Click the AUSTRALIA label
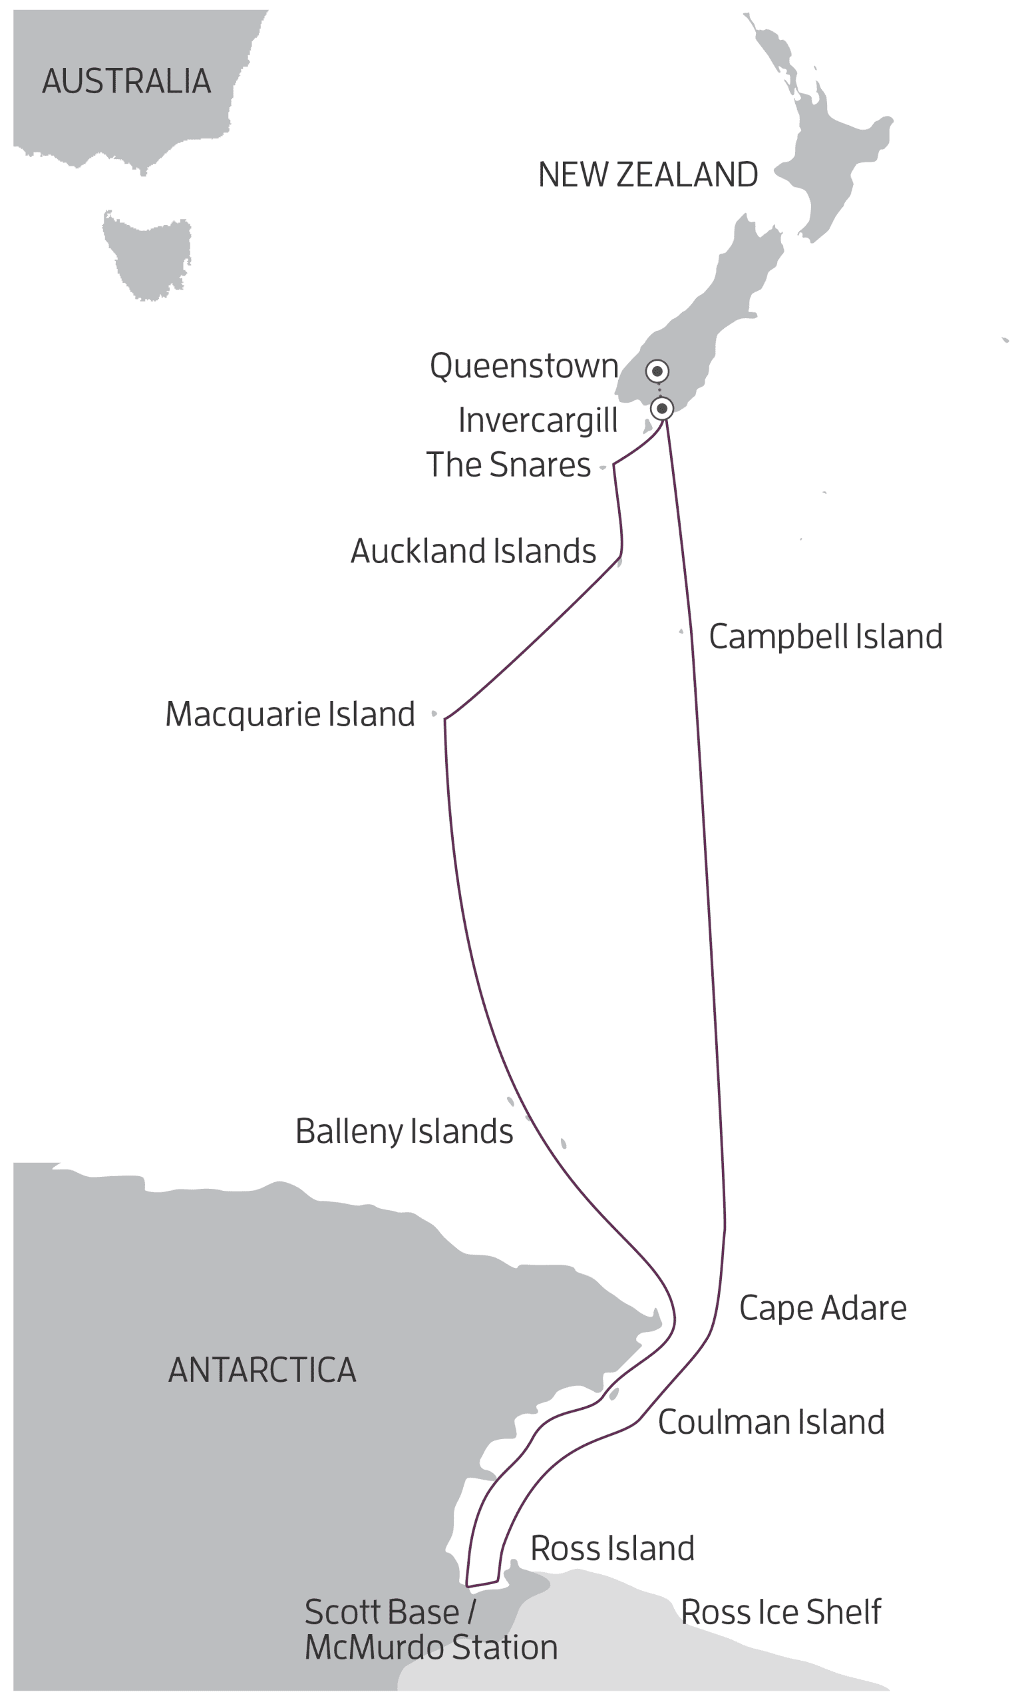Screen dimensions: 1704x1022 pos(126,81)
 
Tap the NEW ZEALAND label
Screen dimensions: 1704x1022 pos(647,175)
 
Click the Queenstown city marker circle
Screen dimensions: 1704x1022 pos(657,371)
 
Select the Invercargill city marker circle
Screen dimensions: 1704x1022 pos(662,409)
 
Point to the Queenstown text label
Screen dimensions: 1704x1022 pos(524,365)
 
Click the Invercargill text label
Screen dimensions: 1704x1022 pos(537,420)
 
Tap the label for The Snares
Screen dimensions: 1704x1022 pos(508,465)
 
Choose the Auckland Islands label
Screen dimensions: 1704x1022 pos(473,551)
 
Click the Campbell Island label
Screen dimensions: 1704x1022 pos(825,636)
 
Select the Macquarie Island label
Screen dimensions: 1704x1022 pos(290,714)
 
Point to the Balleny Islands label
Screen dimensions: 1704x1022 pos(405,1131)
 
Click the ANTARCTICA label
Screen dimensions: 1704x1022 pos(261,1370)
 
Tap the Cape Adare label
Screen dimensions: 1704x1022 pos(822,1308)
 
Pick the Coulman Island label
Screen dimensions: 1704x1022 pos(770,1422)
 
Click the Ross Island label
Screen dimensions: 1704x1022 pos(612,1548)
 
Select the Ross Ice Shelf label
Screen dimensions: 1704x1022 pos(780,1611)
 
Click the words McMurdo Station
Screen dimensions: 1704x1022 pos(431,1647)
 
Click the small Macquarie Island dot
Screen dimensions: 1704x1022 pos(434,714)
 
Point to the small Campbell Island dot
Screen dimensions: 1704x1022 pos(681,631)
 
